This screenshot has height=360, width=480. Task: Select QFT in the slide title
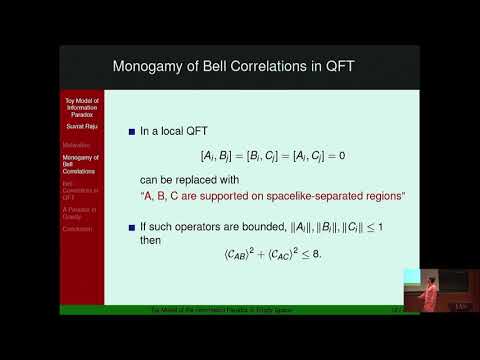tap(344, 66)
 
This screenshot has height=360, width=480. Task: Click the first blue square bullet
tap(131, 131)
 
